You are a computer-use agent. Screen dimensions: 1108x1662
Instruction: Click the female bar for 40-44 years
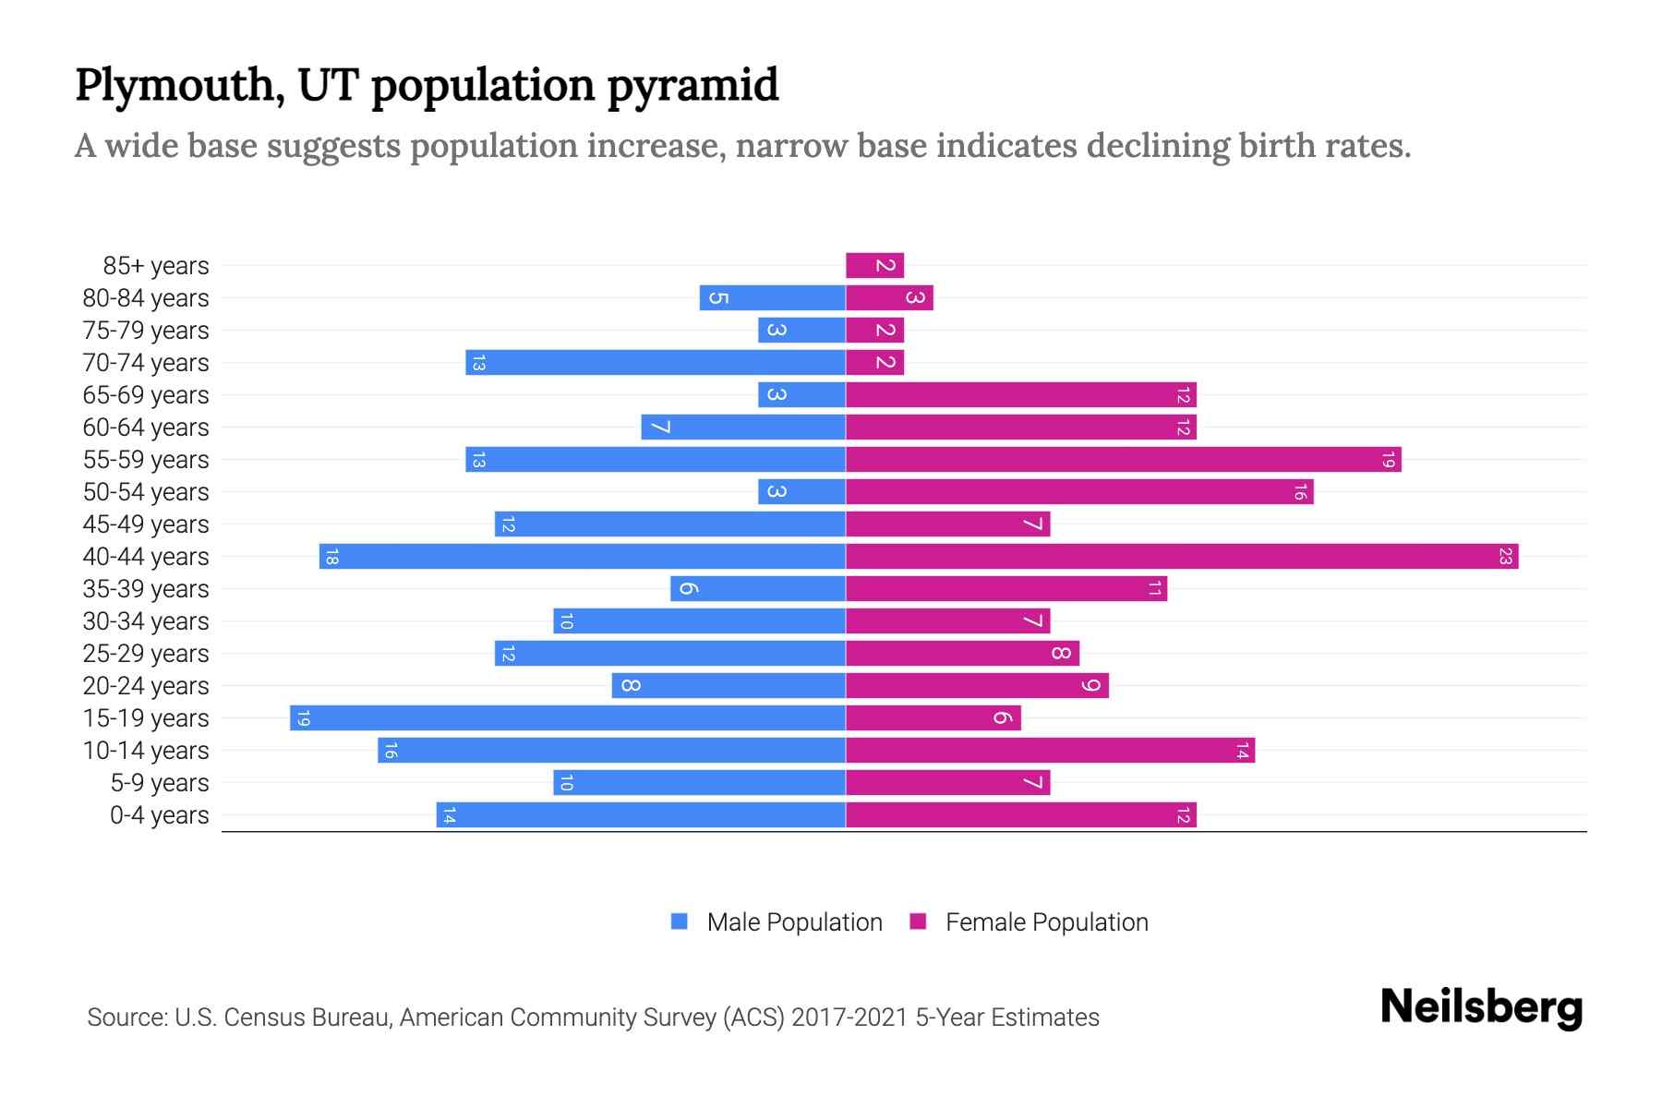1182,557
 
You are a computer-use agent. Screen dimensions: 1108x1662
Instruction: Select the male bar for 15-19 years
568,718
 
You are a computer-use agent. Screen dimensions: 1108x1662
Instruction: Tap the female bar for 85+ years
874,266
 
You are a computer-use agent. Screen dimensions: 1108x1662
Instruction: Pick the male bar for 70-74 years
656,363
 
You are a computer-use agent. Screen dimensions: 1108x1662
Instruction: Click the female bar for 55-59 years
1123,460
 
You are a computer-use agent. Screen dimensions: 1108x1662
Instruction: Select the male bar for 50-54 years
801,492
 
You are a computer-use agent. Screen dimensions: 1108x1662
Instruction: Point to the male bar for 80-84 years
773,298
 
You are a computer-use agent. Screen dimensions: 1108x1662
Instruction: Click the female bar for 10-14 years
1050,751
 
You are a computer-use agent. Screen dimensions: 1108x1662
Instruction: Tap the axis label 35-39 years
146,589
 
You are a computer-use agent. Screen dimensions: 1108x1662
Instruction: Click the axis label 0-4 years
159,815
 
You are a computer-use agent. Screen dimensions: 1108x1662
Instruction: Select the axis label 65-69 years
146,395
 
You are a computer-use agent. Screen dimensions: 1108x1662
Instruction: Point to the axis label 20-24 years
146,686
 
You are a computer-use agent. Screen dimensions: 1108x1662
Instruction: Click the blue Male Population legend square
680,921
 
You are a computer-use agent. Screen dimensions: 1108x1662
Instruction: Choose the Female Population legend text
1046,922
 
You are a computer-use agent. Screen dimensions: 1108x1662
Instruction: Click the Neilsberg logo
1481,1007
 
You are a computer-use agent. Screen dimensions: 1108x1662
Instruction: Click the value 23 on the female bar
1505,557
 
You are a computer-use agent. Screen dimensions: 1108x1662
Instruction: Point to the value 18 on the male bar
332,557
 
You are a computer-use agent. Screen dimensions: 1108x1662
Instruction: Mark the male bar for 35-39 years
758,589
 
